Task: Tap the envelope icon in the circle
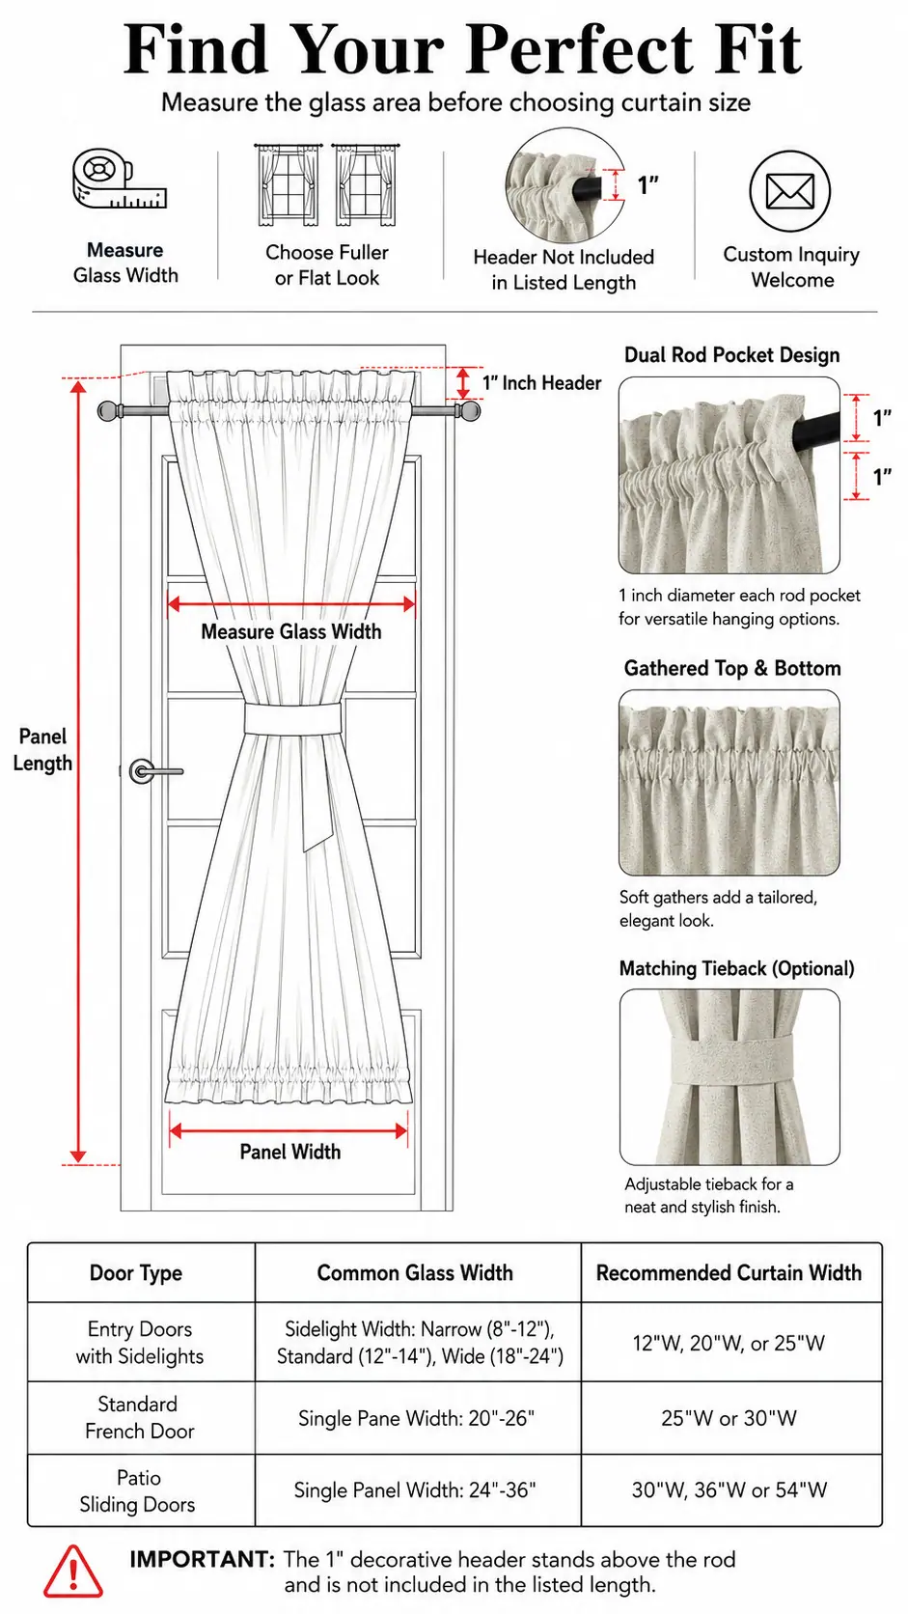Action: [x=790, y=192]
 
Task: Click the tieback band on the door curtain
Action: [x=292, y=718]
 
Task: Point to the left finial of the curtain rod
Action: [x=108, y=410]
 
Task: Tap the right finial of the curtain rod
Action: [x=470, y=410]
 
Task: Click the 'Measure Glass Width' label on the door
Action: [x=290, y=632]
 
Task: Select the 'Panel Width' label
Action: [x=290, y=1152]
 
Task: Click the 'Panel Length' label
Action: [x=42, y=749]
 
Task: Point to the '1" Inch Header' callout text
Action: [x=541, y=382]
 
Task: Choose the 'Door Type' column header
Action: [x=135, y=1273]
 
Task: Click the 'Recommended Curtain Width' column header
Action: [x=729, y=1272]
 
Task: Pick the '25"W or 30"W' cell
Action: [x=729, y=1418]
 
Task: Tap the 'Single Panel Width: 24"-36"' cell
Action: [x=415, y=1489]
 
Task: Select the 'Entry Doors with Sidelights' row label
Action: [x=140, y=1343]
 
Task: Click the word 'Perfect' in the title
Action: [x=581, y=49]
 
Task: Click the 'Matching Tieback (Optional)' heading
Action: [x=736, y=968]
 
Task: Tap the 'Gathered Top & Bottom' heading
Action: [x=732, y=668]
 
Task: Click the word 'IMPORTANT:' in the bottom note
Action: [x=203, y=1559]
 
